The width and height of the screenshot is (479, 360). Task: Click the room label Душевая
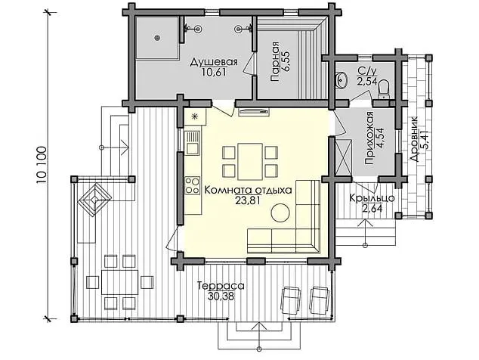pyautogui.click(x=214, y=62)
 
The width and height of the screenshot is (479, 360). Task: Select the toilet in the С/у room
pyautogui.click(x=383, y=88)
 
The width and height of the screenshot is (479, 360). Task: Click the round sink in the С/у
pyautogui.click(x=341, y=80)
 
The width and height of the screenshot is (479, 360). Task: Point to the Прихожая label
pyautogui.click(x=369, y=138)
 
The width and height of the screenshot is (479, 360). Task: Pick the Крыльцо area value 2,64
pyautogui.click(x=372, y=208)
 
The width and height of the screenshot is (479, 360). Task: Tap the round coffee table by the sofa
pyautogui.click(x=280, y=213)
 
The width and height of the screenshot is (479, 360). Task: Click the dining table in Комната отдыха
pyautogui.click(x=250, y=162)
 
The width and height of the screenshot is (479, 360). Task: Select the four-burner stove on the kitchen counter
pyautogui.click(x=192, y=185)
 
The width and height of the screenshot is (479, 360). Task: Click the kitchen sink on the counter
pyautogui.click(x=193, y=142)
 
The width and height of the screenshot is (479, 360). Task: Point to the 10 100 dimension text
pyautogui.click(x=42, y=165)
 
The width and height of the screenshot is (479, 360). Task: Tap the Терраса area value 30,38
pyautogui.click(x=221, y=296)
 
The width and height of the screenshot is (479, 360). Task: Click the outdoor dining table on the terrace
pyautogui.click(x=119, y=281)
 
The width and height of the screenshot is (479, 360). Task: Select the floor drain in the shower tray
pyautogui.click(x=157, y=38)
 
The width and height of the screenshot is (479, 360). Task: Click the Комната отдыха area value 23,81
pyautogui.click(x=248, y=200)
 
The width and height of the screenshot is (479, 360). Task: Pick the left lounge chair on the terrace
pyautogui.click(x=291, y=300)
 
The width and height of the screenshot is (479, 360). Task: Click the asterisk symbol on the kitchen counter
pyautogui.click(x=195, y=116)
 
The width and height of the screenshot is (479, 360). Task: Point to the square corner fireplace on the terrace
pyautogui.click(x=94, y=200)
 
